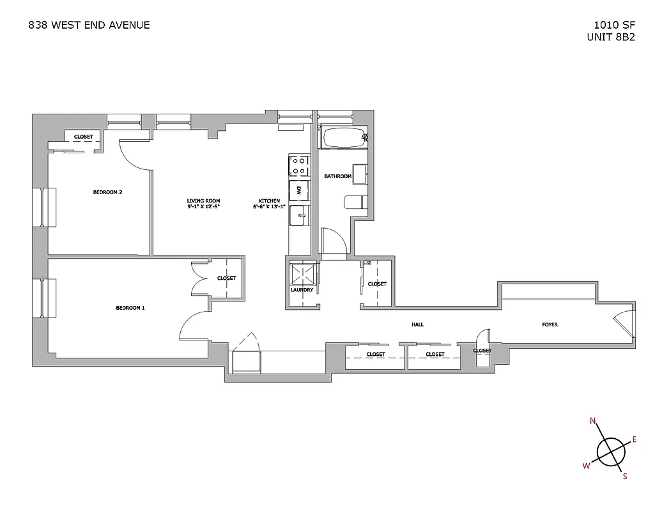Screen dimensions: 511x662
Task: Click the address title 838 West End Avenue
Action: (89, 26)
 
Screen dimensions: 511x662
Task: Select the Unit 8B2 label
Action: (611, 37)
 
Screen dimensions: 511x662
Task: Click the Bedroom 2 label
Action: (107, 192)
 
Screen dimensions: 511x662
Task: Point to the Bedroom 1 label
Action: (130, 308)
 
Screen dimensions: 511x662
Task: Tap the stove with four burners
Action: (298, 166)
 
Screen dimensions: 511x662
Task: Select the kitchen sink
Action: (298, 215)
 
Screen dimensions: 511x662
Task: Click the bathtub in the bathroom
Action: (344, 138)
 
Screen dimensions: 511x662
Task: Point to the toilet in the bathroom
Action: (355, 202)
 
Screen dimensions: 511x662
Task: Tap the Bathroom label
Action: (338, 176)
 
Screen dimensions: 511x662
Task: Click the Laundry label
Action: (302, 290)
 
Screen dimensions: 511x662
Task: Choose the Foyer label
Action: (550, 324)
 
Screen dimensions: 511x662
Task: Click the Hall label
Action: (417, 324)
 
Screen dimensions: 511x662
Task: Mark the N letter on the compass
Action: (592, 421)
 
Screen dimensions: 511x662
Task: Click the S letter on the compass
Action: (625, 476)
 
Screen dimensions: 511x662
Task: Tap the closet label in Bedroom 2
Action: (83, 137)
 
